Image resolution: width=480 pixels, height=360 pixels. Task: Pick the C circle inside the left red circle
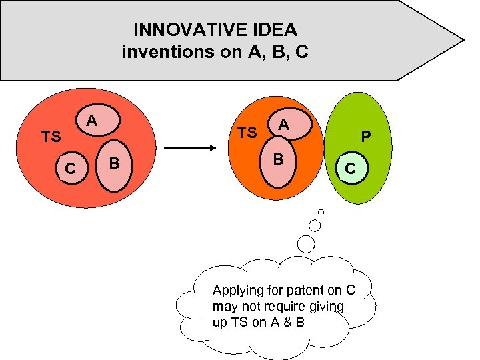pos(69,169)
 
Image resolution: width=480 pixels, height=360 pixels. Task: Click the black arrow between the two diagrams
pos(189,149)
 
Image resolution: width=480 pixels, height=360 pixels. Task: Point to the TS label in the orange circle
pos(247,133)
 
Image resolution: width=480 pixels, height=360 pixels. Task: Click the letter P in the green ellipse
pos(365,137)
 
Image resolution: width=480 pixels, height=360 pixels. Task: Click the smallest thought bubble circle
pos(321,212)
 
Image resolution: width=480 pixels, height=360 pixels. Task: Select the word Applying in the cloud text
pos(233,291)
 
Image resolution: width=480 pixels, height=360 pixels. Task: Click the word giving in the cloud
pos(328,307)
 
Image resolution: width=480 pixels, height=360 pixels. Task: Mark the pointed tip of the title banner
pos(463,40)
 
